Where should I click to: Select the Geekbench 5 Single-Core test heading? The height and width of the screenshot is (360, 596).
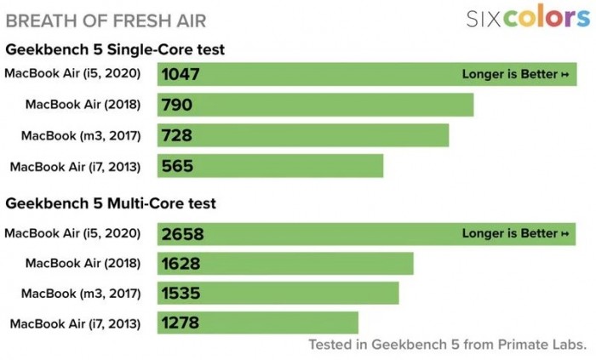(115, 49)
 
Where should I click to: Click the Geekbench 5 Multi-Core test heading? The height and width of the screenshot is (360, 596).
(111, 203)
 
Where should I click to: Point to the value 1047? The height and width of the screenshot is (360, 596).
(181, 74)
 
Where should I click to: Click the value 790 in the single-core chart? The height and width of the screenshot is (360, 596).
(176, 105)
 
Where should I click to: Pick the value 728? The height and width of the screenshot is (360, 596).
(176, 135)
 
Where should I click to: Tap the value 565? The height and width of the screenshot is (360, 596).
(176, 166)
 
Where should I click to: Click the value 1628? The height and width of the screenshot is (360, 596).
(181, 264)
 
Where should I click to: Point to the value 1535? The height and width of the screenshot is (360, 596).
(181, 294)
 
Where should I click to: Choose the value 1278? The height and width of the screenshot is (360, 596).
(181, 323)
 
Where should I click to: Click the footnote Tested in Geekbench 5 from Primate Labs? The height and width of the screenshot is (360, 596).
(447, 345)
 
